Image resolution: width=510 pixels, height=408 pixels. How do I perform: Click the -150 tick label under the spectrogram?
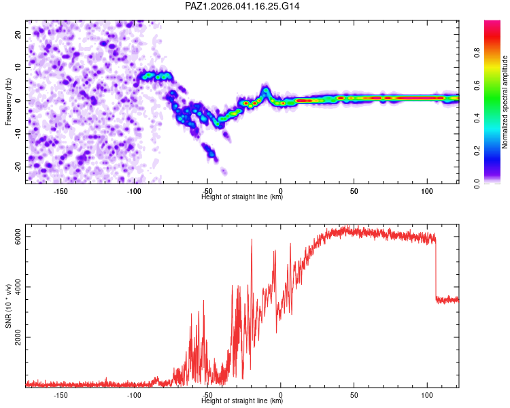(61, 191)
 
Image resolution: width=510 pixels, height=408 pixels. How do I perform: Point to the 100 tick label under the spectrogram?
(427, 191)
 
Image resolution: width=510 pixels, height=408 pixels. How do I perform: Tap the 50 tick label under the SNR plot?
(354, 395)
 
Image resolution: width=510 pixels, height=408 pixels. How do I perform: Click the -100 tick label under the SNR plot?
(134, 395)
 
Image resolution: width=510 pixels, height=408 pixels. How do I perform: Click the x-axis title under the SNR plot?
(242, 401)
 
